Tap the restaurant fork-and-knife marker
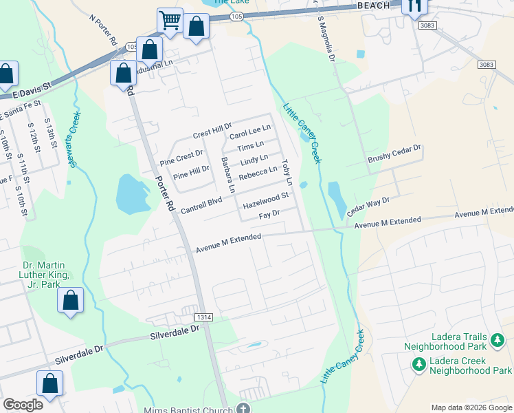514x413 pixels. pyautogui.click(x=414, y=6)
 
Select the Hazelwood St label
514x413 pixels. pyautogui.click(x=264, y=205)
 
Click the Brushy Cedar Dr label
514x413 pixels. pyautogui.click(x=393, y=153)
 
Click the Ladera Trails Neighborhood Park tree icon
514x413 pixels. pyautogui.click(x=495, y=339)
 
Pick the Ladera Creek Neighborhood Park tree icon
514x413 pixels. pyautogui.click(x=416, y=363)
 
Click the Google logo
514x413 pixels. pyautogui.click(x=22, y=405)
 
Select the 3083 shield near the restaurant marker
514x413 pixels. pyautogui.click(x=427, y=25)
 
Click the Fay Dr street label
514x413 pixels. pyautogui.click(x=268, y=215)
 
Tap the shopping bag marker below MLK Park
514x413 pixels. pyautogui.click(x=70, y=300)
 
